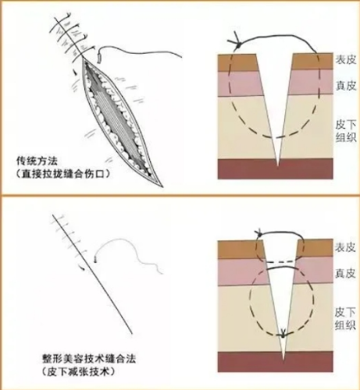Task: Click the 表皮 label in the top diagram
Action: coord(346,60)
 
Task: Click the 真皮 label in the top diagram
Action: coord(346,85)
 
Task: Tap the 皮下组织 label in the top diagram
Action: coord(346,131)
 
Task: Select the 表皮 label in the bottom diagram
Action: coord(345,247)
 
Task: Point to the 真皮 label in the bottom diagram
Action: coord(345,273)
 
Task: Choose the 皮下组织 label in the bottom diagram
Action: coord(345,318)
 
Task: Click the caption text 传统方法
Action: coord(37,161)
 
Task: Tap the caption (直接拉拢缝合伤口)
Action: coord(62,174)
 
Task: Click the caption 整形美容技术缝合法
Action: coord(89,360)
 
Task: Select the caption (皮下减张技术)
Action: coord(79,372)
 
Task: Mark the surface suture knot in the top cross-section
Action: coord(236,41)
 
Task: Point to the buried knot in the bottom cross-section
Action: coord(283,334)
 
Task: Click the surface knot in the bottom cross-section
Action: coord(258,232)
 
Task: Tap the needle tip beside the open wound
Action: coord(99,58)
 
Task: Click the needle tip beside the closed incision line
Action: coord(95,260)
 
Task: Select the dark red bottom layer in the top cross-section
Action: coord(276,169)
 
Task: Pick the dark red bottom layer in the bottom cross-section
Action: coord(276,362)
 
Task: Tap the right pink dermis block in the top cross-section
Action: coord(311,82)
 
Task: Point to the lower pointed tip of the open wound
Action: coord(162,186)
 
